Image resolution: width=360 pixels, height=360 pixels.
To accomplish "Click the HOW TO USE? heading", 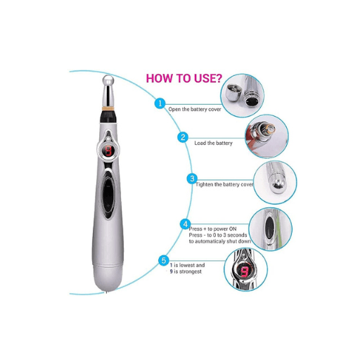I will (x=186, y=77).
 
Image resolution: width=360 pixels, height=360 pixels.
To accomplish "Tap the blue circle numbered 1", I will (x=160, y=103).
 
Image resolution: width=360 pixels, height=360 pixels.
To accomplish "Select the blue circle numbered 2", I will (x=184, y=137).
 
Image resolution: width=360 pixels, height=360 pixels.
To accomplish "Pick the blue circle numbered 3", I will (x=192, y=179).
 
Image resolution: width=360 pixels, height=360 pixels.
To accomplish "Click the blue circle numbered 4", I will (x=186, y=224).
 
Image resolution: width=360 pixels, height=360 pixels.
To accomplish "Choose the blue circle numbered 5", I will (x=164, y=261).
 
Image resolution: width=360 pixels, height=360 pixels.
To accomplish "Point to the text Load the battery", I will (x=213, y=143).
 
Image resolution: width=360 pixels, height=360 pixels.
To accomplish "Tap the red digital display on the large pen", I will (x=108, y=151).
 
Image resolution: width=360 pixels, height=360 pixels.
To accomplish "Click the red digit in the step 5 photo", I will (x=245, y=270).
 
